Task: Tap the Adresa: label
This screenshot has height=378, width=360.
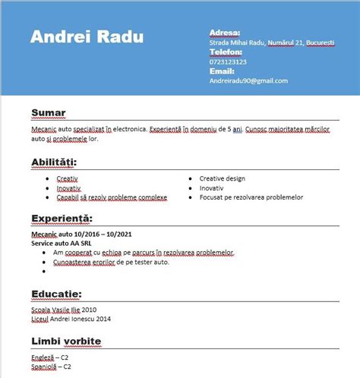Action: click(x=225, y=33)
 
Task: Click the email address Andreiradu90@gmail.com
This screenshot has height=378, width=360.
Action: click(x=248, y=80)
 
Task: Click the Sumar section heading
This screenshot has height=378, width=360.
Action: click(x=49, y=114)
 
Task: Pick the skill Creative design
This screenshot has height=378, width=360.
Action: click(x=222, y=178)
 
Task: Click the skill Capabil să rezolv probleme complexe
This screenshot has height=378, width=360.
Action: click(x=112, y=197)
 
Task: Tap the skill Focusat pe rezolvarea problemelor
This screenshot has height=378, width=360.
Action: click(x=251, y=197)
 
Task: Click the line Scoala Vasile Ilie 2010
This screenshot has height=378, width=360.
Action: click(x=64, y=310)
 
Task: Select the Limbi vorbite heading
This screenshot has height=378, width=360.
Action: click(x=67, y=342)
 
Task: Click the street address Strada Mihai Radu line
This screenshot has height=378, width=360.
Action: click(x=272, y=43)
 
